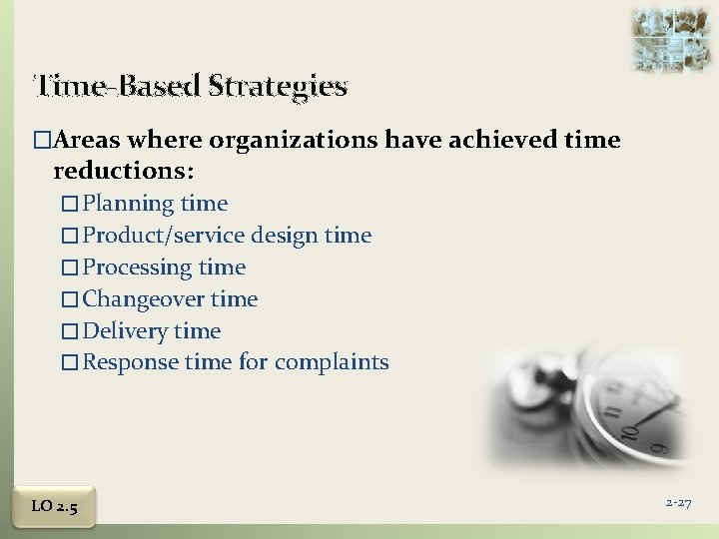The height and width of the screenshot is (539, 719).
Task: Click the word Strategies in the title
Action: pyautogui.click(x=280, y=87)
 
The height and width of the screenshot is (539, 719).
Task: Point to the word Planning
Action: pyautogui.click(x=129, y=204)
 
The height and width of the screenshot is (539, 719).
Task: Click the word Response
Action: pyautogui.click(x=131, y=362)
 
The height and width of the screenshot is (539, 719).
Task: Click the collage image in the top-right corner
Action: pyautogui.click(x=663, y=39)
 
